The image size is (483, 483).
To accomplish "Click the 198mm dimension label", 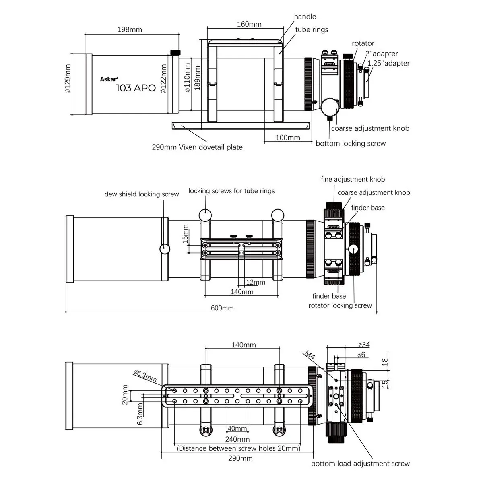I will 130,29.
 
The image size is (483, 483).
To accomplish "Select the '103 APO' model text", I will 136,88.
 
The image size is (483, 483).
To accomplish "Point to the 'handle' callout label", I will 305,17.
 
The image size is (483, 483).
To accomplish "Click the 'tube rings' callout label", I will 312,29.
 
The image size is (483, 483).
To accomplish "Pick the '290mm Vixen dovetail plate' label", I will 197,147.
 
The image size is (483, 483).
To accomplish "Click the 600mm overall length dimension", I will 223,308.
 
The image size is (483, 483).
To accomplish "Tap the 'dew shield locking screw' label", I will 142,194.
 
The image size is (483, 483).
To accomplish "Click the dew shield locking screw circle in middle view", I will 165,248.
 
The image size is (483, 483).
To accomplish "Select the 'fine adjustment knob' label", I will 353,179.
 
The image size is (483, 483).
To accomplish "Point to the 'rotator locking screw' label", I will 340,305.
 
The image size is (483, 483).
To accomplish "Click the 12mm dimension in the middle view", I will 256,282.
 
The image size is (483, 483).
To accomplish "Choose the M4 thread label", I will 309,355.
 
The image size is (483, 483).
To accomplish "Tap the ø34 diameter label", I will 363,344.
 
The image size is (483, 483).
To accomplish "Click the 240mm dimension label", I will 237,439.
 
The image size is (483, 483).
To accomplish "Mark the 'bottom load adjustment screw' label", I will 360,464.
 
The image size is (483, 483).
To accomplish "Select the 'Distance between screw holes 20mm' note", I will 238,448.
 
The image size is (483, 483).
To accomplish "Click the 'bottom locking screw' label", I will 351,143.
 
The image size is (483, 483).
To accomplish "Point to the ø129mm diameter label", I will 68,79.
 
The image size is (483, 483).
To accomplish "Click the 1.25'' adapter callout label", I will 388,63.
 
